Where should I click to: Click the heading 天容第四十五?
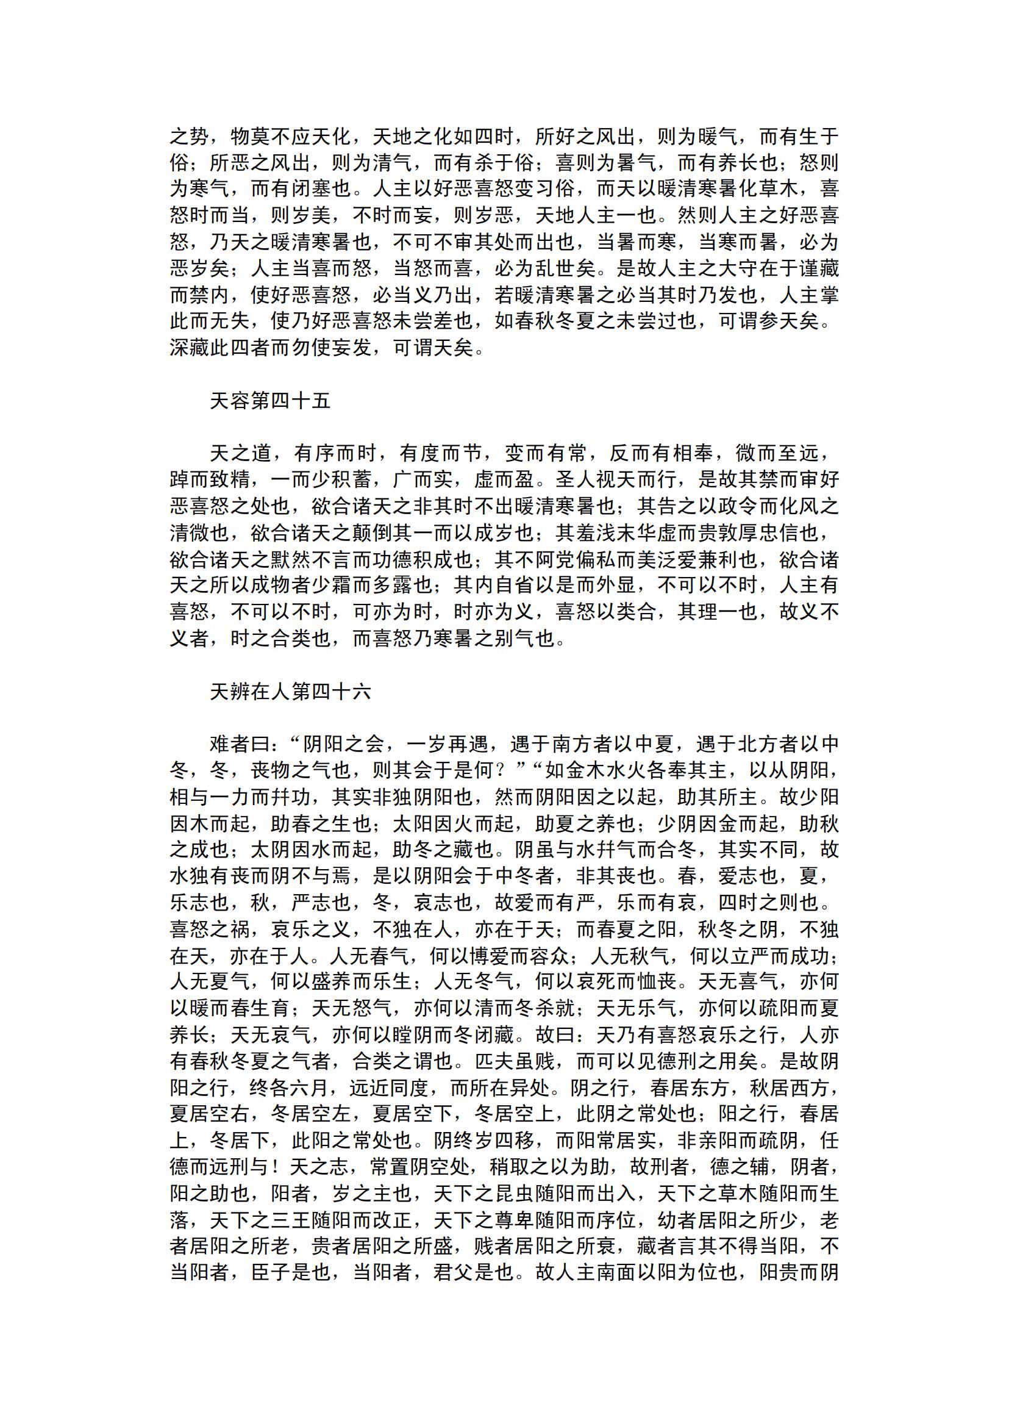point(270,401)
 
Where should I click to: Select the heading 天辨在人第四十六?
point(291,692)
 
